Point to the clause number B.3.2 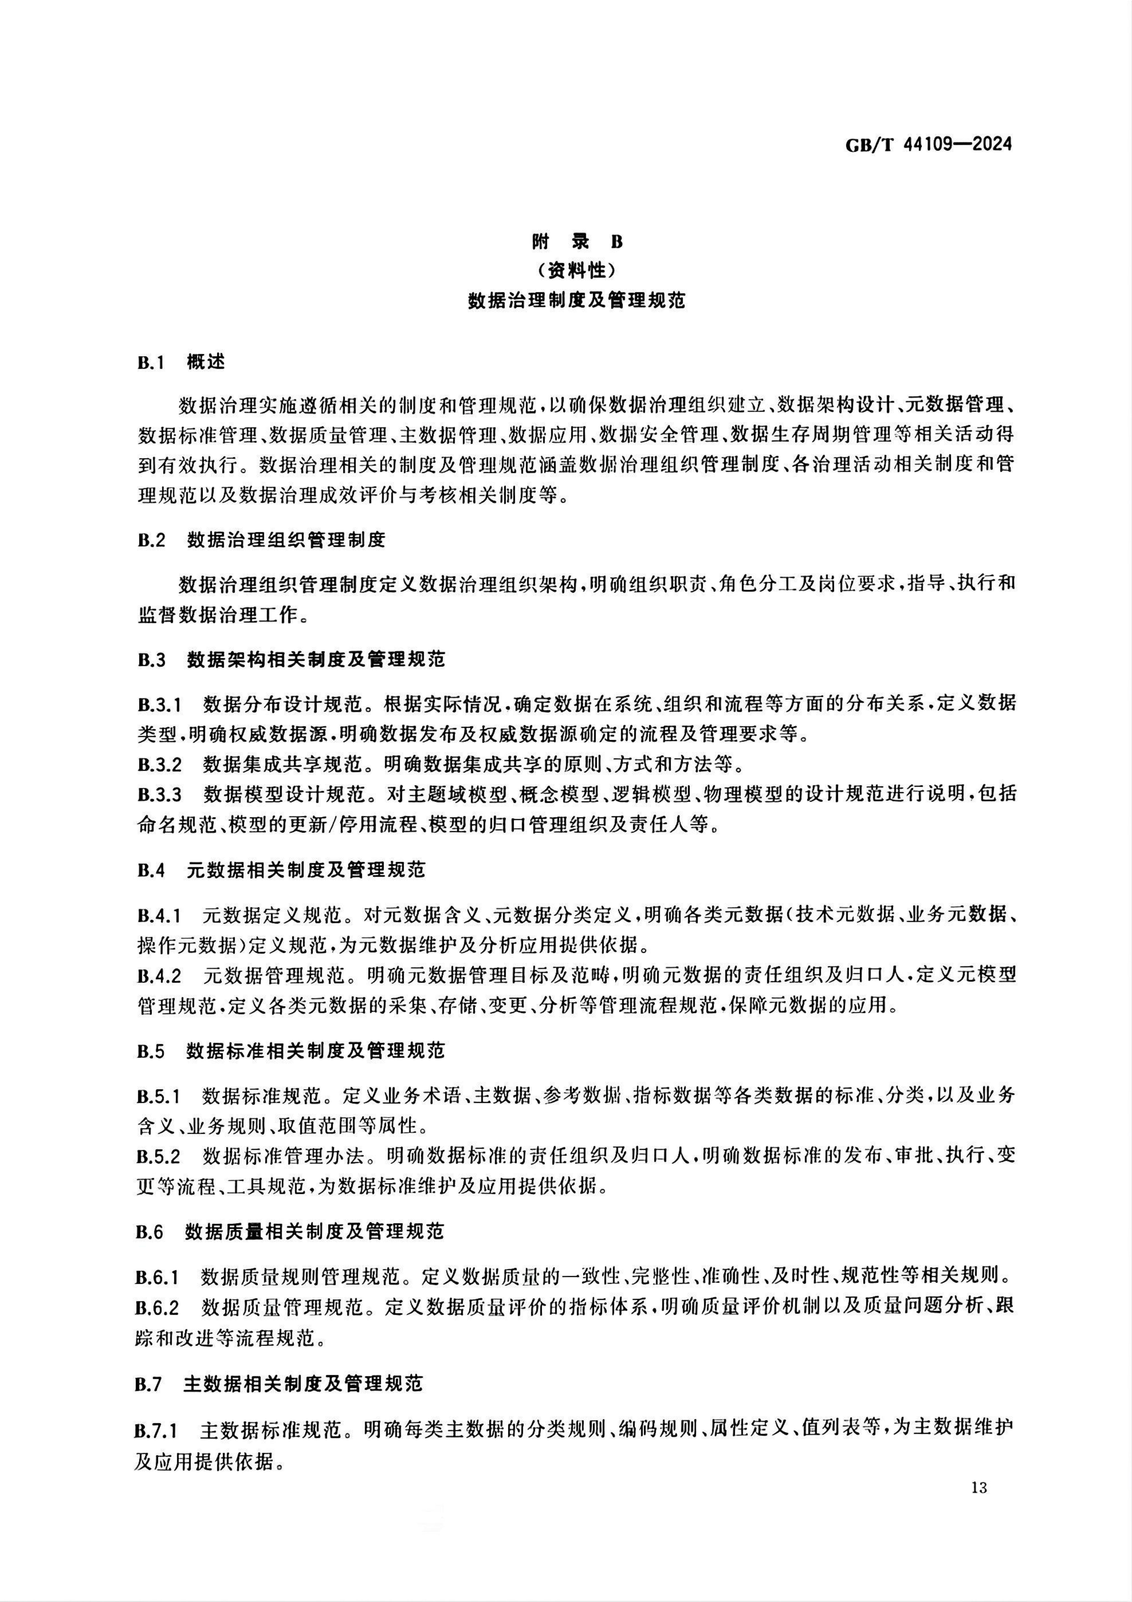159,765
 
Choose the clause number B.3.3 159,795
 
